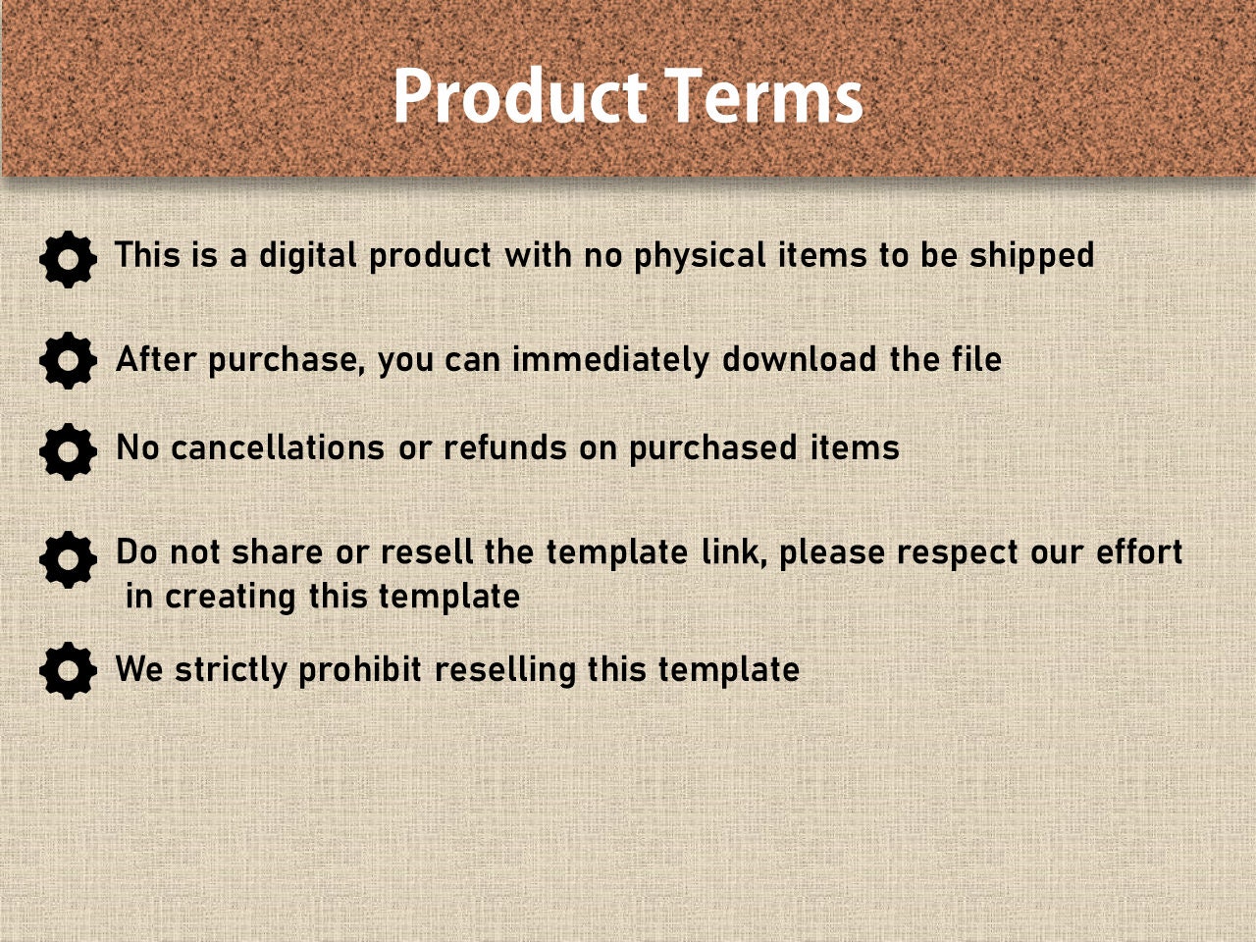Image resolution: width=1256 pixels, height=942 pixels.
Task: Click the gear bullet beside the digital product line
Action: coord(68,260)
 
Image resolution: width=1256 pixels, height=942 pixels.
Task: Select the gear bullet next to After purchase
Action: coord(68,360)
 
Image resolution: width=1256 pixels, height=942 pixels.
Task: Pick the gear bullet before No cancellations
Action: coord(68,451)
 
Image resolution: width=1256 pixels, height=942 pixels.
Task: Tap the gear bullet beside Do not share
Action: coord(68,560)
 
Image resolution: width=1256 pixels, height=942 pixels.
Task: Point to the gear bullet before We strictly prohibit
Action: coord(68,671)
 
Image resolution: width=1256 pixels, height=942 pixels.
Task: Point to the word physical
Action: coord(700,256)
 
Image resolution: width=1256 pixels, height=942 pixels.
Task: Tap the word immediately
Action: coord(610,360)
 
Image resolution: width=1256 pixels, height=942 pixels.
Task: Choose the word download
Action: coord(799,359)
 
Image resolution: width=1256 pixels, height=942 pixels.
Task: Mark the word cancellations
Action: coord(278,448)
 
